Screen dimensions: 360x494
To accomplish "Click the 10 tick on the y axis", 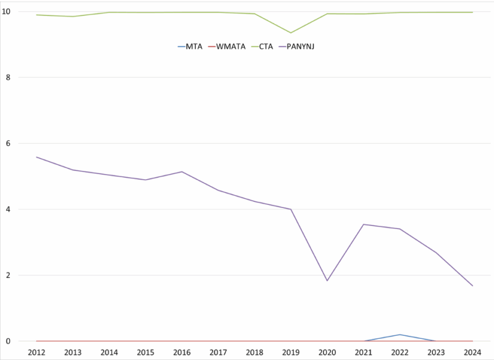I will click(x=21, y=12).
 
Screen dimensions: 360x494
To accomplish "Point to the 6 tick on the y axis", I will click(x=23, y=143).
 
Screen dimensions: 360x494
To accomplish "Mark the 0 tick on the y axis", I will click(x=23, y=341).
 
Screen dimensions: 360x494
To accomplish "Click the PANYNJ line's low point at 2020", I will click(x=327, y=281).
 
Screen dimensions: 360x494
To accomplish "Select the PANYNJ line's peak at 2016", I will click(x=182, y=172).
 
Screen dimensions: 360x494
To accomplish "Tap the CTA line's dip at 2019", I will click(x=291, y=33).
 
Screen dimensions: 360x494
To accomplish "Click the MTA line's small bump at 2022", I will click(x=400, y=335).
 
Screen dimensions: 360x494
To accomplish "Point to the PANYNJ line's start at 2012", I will click(x=36, y=157).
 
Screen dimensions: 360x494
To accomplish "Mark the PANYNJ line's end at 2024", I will click(x=472, y=286).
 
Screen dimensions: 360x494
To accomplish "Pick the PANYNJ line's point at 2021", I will click(x=364, y=224).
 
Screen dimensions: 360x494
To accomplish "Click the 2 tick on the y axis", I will click(x=23, y=275).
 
